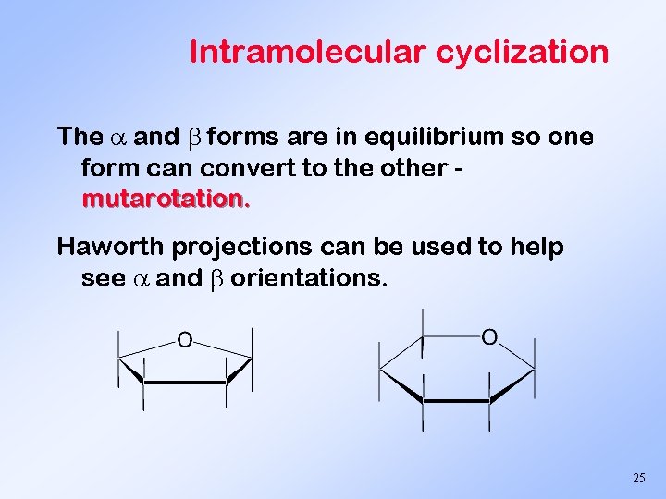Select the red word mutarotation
pos(166,198)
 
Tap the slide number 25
pos(638,478)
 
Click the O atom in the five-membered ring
pos(185,341)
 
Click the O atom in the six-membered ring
pos(490,337)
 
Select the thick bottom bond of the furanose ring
pos(185,382)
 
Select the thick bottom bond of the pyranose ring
pos(456,401)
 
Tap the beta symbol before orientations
pos(217,278)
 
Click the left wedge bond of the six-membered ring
pos(401,385)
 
